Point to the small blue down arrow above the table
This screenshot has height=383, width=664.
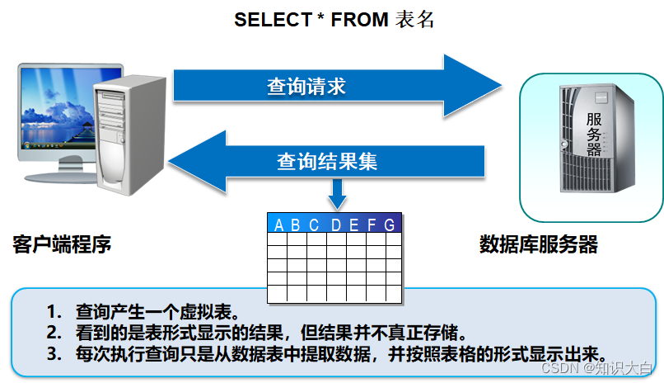(338, 196)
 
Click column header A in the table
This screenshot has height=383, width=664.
(278, 225)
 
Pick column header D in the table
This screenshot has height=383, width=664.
(336, 225)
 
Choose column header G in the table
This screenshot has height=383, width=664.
(390, 225)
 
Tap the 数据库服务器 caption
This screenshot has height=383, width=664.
(539, 245)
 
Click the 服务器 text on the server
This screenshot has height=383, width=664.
(594, 135)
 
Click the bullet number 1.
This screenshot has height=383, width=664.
(54, 312)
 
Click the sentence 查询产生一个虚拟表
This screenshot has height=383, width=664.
(157, 312)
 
